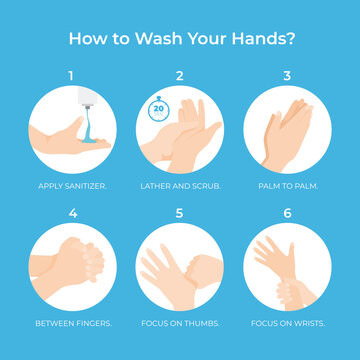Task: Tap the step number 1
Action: (71, 75)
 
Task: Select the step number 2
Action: (180, 75)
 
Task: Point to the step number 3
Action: (288, 75)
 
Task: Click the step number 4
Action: (71, 211)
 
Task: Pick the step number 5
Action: (180, 211)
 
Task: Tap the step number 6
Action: (288, 211)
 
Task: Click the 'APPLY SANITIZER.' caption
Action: (71, 186)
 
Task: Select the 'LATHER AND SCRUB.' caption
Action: (180, 186)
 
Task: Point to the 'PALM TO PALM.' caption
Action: (288, 186)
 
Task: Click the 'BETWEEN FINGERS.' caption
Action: (71, 322)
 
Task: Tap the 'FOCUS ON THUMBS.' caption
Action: (180, 322)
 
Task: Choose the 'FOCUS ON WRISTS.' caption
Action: (288, 322)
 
